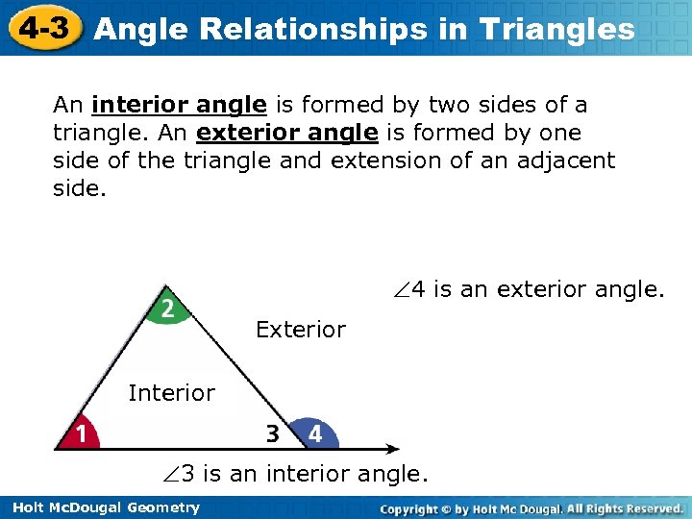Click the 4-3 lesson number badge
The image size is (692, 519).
(x=41, y=27)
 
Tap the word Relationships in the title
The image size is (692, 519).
(x=323, y=30)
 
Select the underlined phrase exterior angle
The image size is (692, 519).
(x=286, y=132)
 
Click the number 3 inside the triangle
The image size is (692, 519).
(x=273, y=434)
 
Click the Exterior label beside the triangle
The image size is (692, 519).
(x=300, y=330)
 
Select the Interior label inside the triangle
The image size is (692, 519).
(x=171, y=392)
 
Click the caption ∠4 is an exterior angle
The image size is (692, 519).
(x=529, y=288)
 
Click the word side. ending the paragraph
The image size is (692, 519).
(x=76, y=187)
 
